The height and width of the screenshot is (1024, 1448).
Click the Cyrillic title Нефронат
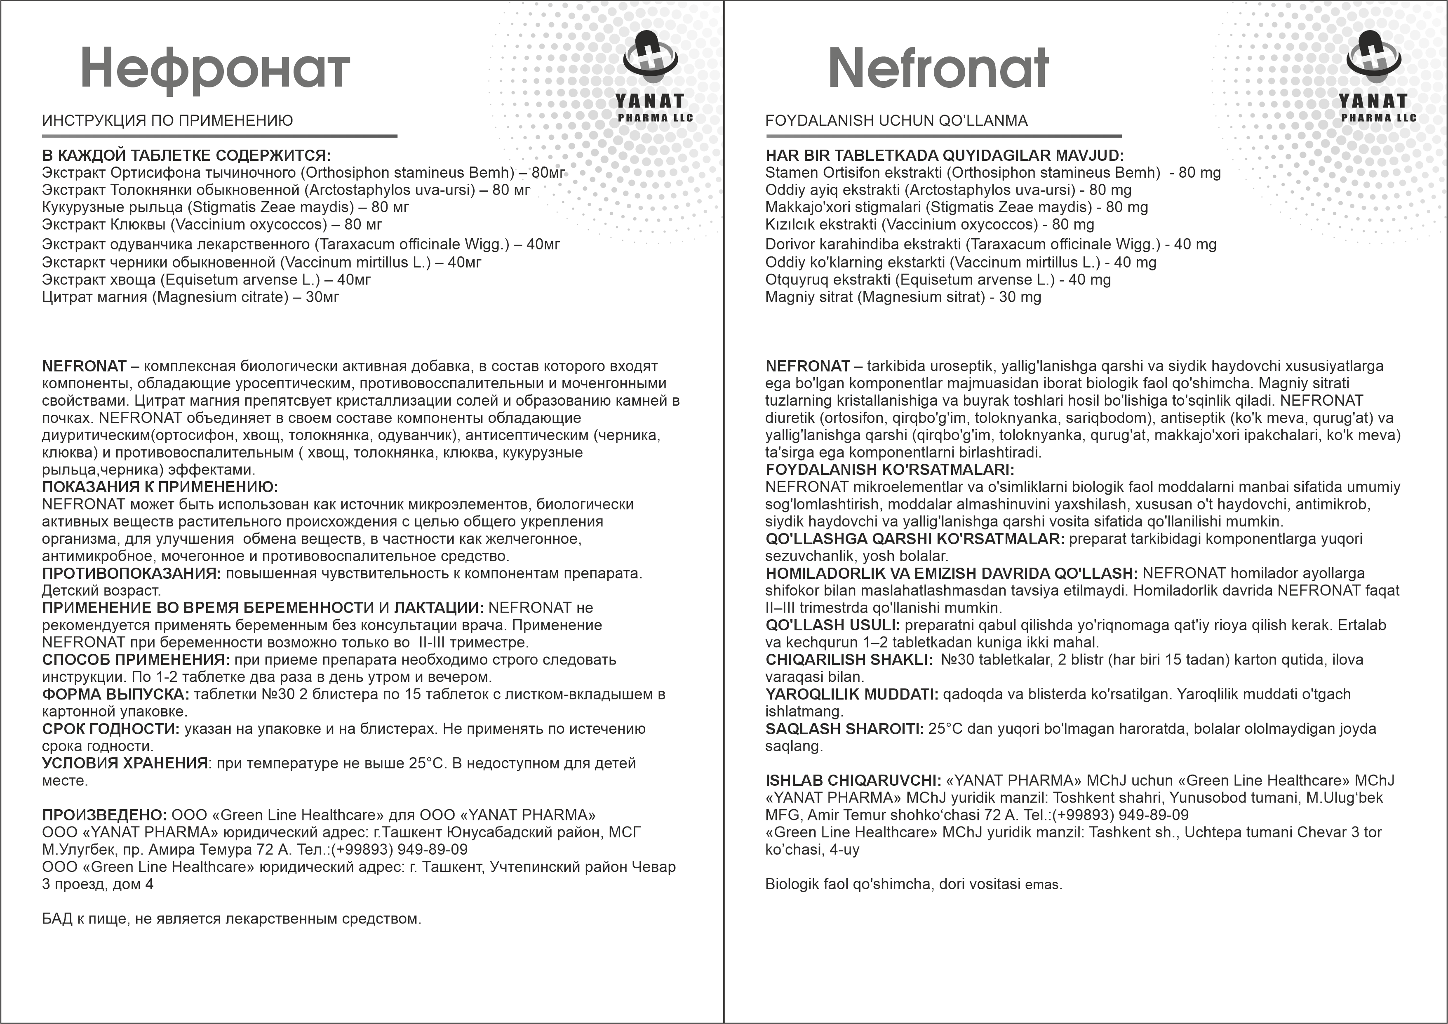215,69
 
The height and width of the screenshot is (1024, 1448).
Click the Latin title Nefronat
938,68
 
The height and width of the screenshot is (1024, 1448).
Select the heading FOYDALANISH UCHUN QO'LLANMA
896,120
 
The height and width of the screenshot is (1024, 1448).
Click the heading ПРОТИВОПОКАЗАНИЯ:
131,573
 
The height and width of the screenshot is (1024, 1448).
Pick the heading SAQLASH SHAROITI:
844,729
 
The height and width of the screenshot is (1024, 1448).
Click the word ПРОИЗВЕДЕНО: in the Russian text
104,815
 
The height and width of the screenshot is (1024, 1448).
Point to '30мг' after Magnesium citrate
322,297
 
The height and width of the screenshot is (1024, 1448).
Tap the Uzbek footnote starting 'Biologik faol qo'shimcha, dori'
913,884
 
